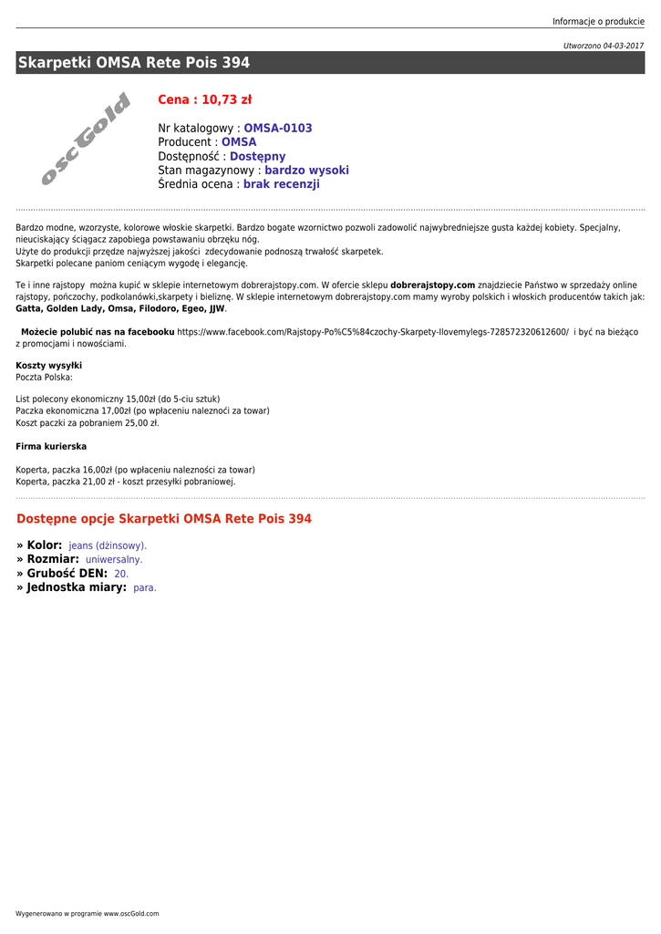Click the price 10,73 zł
(x=204, y=99)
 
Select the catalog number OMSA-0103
(x=277, y=129)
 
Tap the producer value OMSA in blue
(x=239, y=142)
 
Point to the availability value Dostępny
(x=257, y=157)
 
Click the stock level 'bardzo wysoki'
(x=306, y=171)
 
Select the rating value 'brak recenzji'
(x=281, y=184)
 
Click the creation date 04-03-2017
(x=623, y=46)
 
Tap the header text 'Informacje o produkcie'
(x=598, y=22)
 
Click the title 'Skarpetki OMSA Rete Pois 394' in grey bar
(x=133, y=63)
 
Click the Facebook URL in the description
(x=373, y=332)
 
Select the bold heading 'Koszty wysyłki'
(x=48, y=366)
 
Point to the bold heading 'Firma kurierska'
(x=51, y=446)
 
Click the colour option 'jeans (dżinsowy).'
(x=108, y=545)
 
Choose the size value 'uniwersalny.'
(x=114, y=559)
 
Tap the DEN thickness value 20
(x=121, y=574)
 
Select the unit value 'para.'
(x=145, y=588)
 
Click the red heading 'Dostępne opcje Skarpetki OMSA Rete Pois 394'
(x=164, y=519)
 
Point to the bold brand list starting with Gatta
(x=120, y=308)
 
